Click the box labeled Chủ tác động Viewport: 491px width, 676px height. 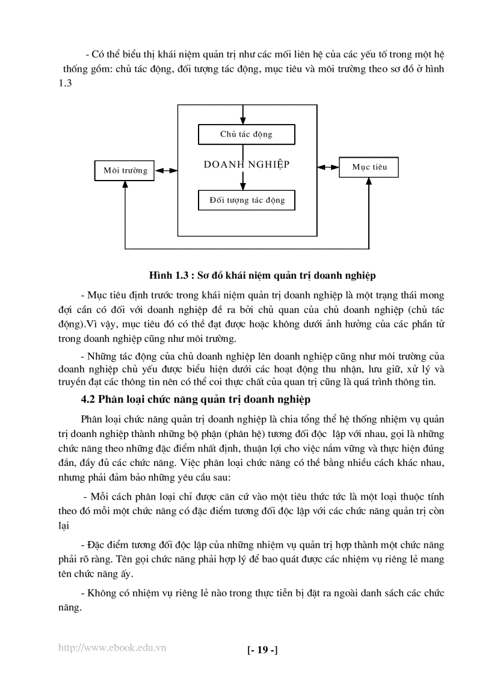[246, 134]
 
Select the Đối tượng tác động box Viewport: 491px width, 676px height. [246, 200]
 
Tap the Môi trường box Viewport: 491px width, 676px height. [125, 170]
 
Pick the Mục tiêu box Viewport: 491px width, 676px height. [369, 167]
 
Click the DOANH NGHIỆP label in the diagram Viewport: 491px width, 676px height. [247, 164]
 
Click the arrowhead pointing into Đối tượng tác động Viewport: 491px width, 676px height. [242, 187]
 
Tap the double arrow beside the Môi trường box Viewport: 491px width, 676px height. [166, 170]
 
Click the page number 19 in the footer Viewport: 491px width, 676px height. [262, 650]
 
